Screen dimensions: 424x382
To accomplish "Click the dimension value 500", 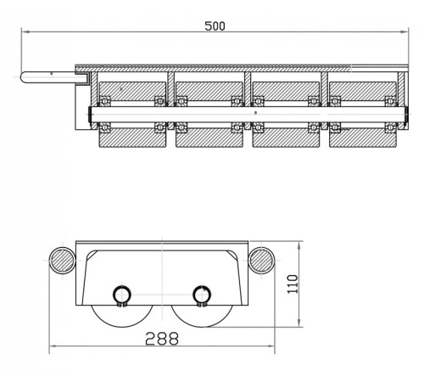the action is point(215,26).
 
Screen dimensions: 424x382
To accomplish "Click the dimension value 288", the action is point(162,339).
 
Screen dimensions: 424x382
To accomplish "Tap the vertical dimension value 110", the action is point(293,284).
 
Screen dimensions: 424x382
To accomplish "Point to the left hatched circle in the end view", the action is point(62,261).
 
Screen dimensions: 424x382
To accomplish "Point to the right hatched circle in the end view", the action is point(262,261).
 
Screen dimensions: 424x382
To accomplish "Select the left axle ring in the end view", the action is point(114,295).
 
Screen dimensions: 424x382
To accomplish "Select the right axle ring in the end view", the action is point(193,295).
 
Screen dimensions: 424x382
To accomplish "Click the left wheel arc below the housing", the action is point(122,327).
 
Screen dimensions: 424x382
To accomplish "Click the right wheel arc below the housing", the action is point(203,327).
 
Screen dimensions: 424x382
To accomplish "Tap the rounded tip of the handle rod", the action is point(22,77).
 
